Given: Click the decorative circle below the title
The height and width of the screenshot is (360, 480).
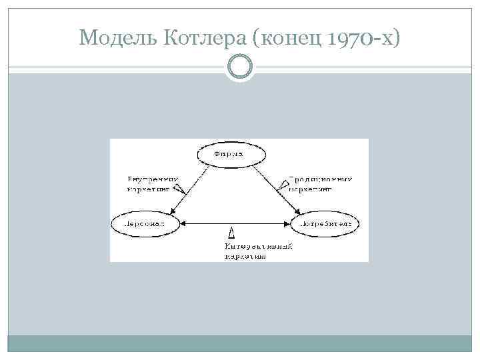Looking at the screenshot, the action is click(240, 67).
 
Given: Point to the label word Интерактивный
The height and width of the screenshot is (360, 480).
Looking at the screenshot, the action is click(258, 246).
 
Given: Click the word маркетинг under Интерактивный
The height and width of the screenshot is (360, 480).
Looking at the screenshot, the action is click(245, 255).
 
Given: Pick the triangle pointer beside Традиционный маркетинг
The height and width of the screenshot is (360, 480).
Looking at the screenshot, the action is click(285, 182).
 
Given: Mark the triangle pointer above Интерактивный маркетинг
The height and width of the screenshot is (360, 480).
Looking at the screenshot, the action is click(231, 233).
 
